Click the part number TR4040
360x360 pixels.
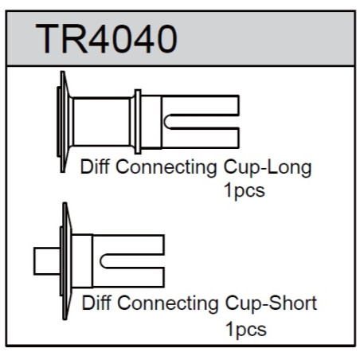coord(106,39)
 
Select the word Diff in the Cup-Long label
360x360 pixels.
coord(95,166)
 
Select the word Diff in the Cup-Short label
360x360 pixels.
coord(96,303)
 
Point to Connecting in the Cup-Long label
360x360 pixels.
coord(166,168)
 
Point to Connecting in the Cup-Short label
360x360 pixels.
coord(168,303)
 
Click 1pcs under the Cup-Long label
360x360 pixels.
coord(245,190)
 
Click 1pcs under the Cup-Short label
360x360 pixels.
coord(246,330)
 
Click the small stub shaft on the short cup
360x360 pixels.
coord(47,261)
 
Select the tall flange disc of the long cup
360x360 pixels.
coord(64,122)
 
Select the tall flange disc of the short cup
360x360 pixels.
coord(66,261)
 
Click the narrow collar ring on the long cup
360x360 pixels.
coord(138,122)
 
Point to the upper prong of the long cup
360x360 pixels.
coord(201,105)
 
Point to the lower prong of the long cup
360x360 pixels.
coord(201,138)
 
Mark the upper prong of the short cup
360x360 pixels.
coord(128,245)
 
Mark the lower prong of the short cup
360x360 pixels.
coord(128,277)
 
